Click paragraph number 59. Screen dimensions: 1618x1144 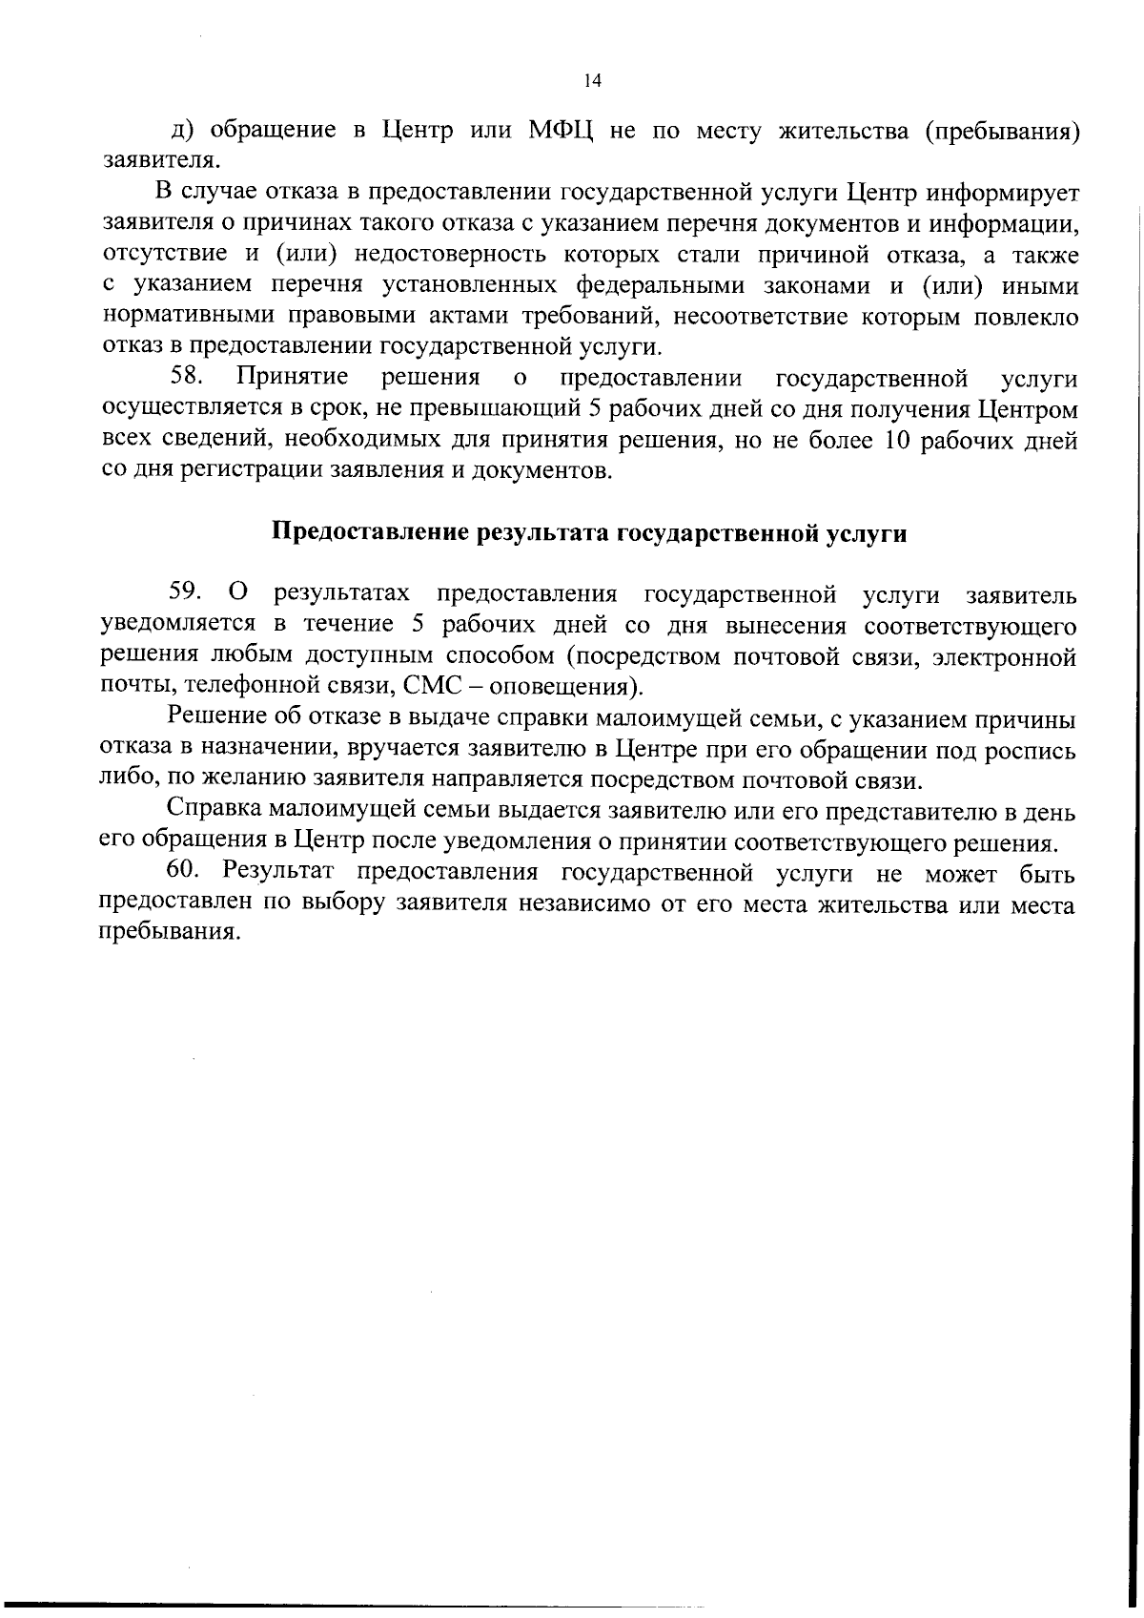click(184, 593)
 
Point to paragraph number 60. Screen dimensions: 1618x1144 click(186, 872)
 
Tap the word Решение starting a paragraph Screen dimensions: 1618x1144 click(213, 718)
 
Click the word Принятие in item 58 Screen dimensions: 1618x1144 click(292, 378)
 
